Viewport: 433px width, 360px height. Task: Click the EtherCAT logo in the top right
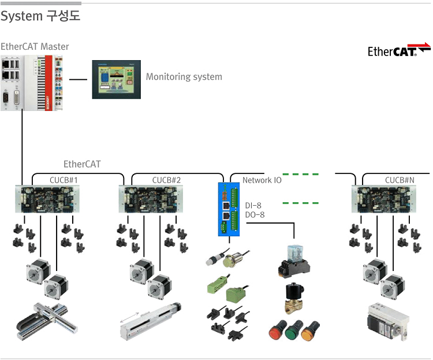tap(399, 50)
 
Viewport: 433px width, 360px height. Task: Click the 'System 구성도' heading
tap(40, 16)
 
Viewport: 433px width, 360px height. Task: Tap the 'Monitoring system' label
tap(184, 76)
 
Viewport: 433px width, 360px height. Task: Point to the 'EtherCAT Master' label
tap(35, 46)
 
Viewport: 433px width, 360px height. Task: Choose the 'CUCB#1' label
tap(64, 180)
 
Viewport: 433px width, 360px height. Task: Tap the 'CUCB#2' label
tap(166, 180)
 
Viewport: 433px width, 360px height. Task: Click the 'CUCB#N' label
tap(400, 180)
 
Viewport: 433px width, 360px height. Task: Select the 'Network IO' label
tap(262, 180)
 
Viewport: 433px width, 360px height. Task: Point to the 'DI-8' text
tap(253, 205)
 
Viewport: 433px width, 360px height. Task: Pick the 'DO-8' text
tap(255, 215)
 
